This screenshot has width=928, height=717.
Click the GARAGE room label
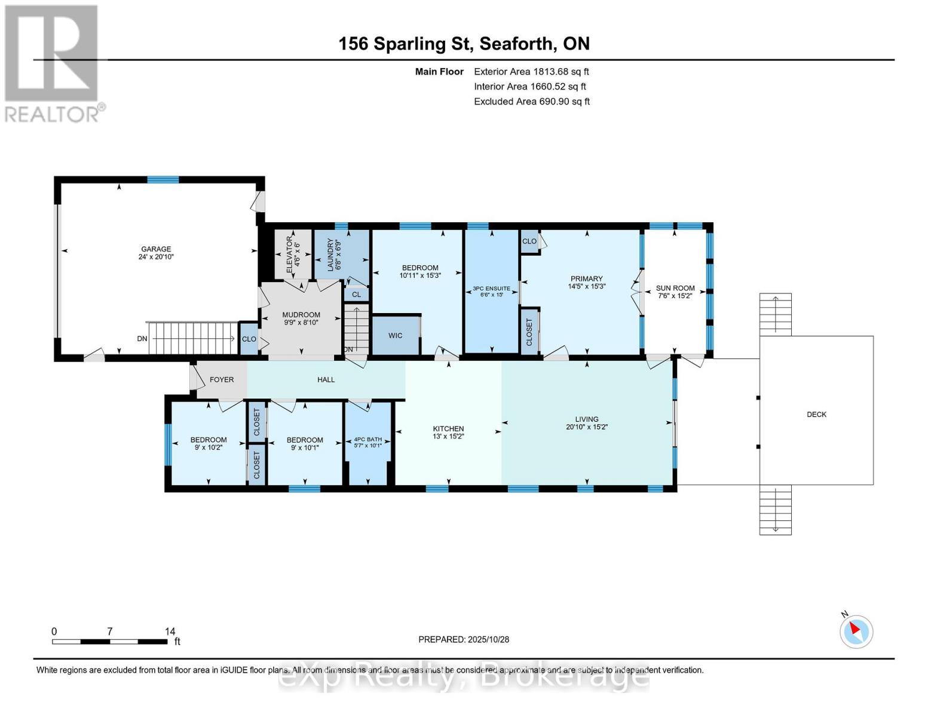pyautogui.click(x=156, y=249)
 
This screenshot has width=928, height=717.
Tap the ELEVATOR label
pyautogui.click(x=290, y=255)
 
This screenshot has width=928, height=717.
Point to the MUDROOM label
pyautogui.click(x=301, y=315)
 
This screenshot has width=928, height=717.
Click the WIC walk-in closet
pyautogui.click(x=395, y=336)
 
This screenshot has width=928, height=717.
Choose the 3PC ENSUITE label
pyautogui.click(x=491, y=289)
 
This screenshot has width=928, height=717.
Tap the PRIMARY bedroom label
pyautogui.click(x=586, y=279)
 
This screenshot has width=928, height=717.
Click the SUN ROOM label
pyautogui.click(x=675, y=288)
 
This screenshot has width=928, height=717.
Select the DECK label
pyautogui.click(x=816, y=415)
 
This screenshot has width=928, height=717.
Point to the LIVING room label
pyautogui.click(x=586, y=419)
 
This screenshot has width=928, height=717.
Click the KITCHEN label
pyautogui.click(x=448, y=428)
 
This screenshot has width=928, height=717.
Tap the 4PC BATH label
pyautogui.click(x=367, y=439)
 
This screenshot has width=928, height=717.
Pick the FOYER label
pyautogui.click(x=222, y=379)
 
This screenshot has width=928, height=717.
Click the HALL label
pyautogui.click(x=326, y=379)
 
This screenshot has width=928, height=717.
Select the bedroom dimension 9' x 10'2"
pyautogui.click(x=209, y=448)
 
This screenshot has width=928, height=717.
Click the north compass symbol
pyautogui.click(x=856, y=631)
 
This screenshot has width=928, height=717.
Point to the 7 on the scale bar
pyautogui.click(x=109, y=632)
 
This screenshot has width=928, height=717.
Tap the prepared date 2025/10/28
pyautogui.click(x=488, y=639)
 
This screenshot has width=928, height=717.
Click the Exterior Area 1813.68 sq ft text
pyautogui.click(x=531, y=72)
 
